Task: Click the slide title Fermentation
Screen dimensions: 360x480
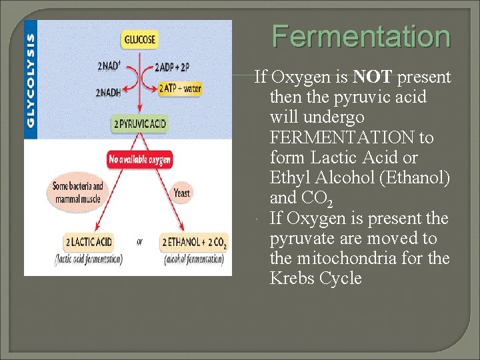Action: (x=361, y=37)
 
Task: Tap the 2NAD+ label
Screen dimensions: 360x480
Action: (x=109, y=67)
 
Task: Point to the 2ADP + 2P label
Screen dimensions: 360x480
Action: (x=173, y=67)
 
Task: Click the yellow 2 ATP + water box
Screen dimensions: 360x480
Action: (x=180, y=88)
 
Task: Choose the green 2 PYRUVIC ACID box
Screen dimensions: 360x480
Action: (x=140, y=124)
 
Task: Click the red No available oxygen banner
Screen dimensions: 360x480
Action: (x=140, y=159)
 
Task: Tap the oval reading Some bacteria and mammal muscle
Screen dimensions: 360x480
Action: (x=78, y=192)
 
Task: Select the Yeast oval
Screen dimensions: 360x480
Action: (x=181, y=193)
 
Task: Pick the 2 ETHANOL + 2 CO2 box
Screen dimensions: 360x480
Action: (x=194, y=242)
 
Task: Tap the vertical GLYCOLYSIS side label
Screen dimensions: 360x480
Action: (x=31, y=81)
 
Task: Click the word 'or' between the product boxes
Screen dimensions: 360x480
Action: (x=139, y=242)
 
